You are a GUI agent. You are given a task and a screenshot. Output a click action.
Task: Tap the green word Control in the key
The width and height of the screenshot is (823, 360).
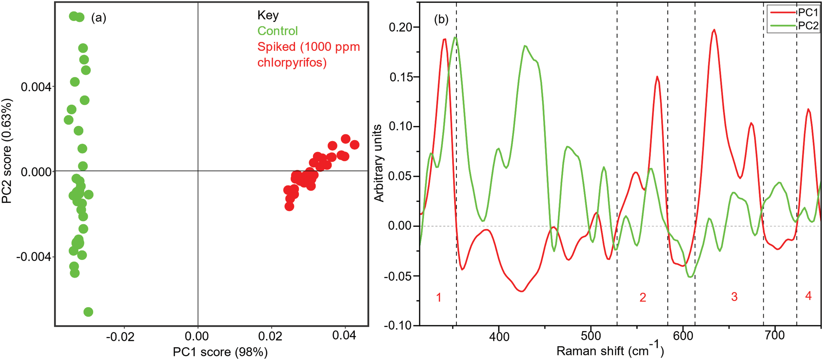pyautogui.click(x=277, y=31)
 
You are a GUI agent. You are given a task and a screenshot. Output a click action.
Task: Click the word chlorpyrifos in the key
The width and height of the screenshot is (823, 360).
pyautogui.click(x=292, y=62)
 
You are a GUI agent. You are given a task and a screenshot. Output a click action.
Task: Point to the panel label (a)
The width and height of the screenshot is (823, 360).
pyautogui.click(x=98, y=17)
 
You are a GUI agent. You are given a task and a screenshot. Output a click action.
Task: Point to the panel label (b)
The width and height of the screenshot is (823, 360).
pyautogui.click(x=441, y=19)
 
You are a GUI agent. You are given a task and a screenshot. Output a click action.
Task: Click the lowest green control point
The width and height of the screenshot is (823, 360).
pyautogui.click(x=88, y=312)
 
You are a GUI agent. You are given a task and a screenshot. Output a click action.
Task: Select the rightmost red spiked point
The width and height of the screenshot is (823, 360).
pyautogui.click(x=354, y=145)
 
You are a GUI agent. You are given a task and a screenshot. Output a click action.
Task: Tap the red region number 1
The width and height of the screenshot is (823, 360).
pyautogui.click(x=438, y=297)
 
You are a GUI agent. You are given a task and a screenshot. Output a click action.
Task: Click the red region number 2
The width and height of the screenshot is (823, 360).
pyautogui.click(x=643, y=297)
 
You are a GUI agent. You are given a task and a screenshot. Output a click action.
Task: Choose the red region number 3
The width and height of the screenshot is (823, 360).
pyautogui.click(x=734, y=297)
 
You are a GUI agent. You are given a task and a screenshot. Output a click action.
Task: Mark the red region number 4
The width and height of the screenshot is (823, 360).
pyautogui.click(x=808, y=296)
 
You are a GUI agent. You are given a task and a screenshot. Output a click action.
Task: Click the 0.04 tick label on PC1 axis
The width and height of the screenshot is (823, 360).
pyautogui.click(x=344, y=335)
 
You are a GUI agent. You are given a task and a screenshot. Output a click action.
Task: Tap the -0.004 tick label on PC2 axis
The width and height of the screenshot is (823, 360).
pyautogui.click(x=33, y=257)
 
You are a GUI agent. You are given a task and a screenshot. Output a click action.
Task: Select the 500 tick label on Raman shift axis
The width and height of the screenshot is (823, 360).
pyautogui.click(x=591, y=336)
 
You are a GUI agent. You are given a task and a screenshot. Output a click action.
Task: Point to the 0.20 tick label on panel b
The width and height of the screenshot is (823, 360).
pyautogui.click(x=400, y=27)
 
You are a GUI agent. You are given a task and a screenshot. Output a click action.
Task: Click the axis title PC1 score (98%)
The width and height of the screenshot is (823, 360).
pyautogui.click(x=220, y=352)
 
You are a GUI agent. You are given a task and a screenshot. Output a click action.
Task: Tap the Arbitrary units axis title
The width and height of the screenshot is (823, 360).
pyautogui.click(x=378, y=163)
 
